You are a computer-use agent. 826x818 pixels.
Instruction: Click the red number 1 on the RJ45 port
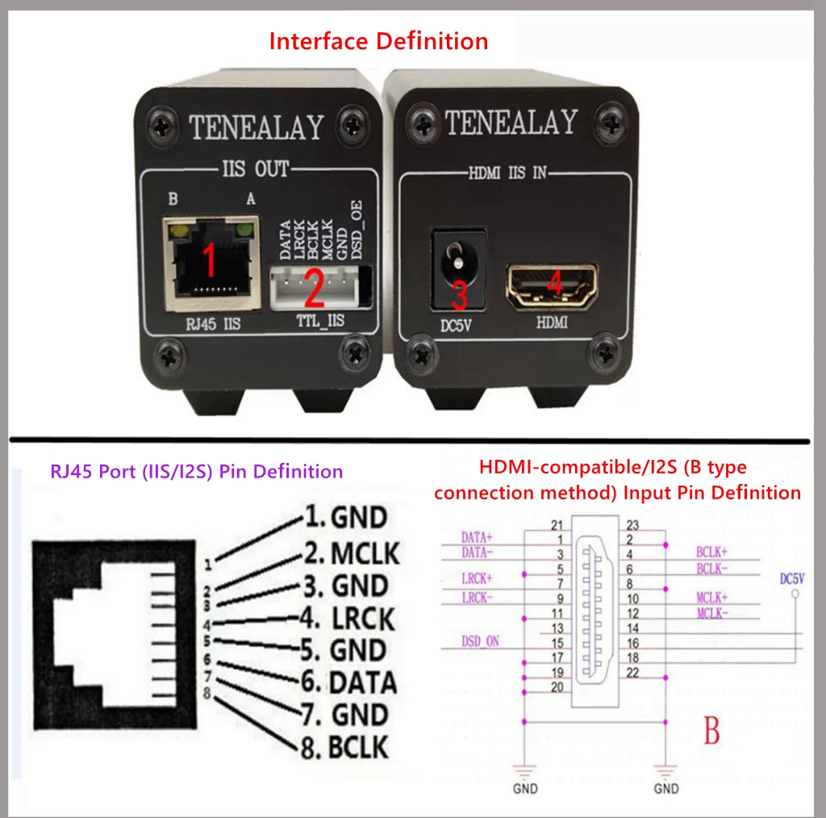coord(209,259)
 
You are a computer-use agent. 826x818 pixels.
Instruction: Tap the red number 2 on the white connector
coord(315,287)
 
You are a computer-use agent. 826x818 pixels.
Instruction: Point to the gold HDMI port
coord(552,286)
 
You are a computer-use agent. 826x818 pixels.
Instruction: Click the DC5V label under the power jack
coord(456,326)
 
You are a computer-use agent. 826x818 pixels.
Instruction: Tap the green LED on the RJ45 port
coord(244,230)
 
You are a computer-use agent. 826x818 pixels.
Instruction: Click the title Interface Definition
coord(379,41)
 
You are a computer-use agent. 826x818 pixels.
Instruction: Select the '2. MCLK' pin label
coord(352,553)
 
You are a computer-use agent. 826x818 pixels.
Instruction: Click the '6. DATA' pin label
coord(348,682)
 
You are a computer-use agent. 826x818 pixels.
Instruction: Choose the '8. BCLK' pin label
coord(344,747)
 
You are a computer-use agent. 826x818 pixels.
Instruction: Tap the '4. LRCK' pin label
coord(348,619)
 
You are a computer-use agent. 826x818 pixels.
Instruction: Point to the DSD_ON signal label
coord(480,641)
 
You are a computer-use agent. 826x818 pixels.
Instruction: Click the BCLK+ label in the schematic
coord(711,552)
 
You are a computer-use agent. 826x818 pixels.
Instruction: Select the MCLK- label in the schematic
coord(712,613)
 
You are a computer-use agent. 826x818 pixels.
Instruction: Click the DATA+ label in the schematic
coord(477,537)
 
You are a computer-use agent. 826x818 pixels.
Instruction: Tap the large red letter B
coord(711,730)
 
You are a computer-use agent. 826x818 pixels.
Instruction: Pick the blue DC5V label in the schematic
coord(792,579)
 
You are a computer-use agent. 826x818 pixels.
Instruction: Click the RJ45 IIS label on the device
coord(213,323)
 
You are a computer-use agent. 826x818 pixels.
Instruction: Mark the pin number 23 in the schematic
coord(632,525)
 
